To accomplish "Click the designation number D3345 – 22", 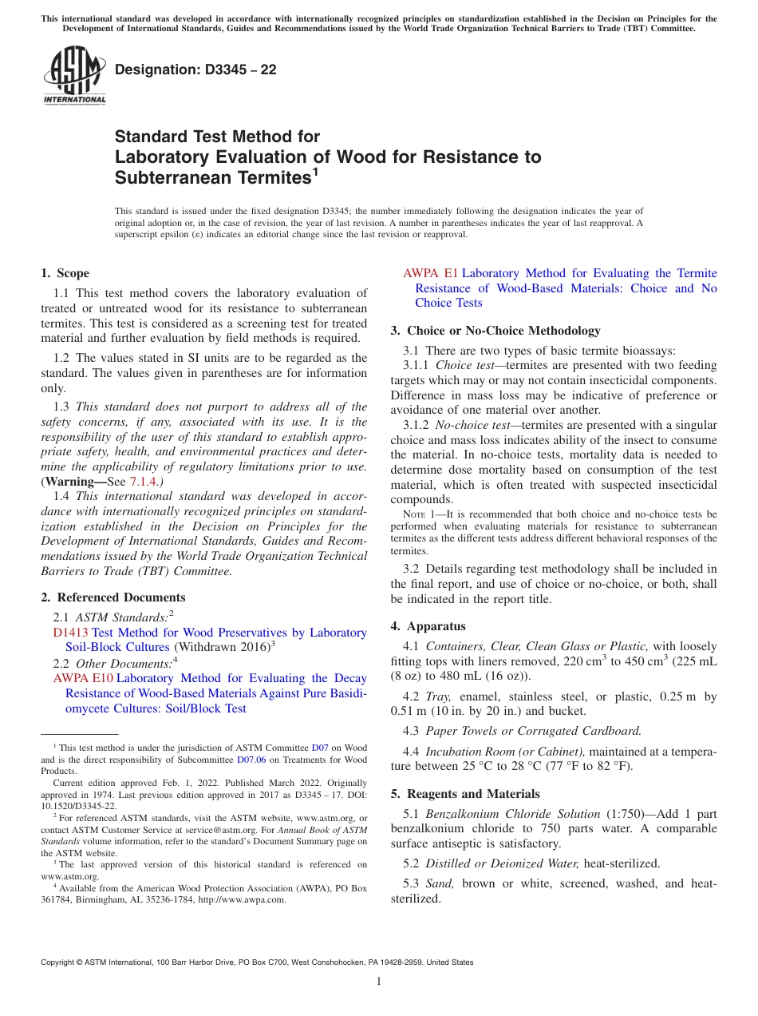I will click(x=195, y=69).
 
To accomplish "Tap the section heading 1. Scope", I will click(x=65, y=273).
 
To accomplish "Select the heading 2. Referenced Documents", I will click(x=113, y=597).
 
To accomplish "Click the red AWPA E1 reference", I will click(x=431, y=273).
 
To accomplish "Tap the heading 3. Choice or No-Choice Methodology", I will click(x=495, y=330).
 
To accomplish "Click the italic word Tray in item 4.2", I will click(x=438, y=697).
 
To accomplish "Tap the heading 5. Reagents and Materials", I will click(x=465, y=794).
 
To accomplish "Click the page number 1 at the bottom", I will click(x=379, y=981).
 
